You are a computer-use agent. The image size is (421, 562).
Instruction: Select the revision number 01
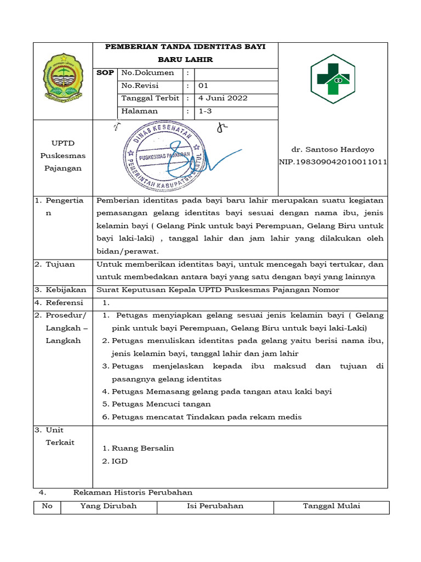[x=203, y=86]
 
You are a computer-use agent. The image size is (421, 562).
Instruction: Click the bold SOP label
[x=105, y=72]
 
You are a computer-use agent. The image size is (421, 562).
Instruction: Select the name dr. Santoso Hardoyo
[x=333, y=149]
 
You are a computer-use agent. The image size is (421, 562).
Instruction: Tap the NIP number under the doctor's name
[x=333, y=162]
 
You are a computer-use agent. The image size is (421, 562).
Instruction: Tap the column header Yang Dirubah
[x=109, y=506]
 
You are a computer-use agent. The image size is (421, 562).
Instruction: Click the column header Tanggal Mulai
[x=332, y=506]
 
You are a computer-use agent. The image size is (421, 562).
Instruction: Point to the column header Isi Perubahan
[x=215, y=506]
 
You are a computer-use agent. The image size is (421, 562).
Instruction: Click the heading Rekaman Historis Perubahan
[x=133, y=492]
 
